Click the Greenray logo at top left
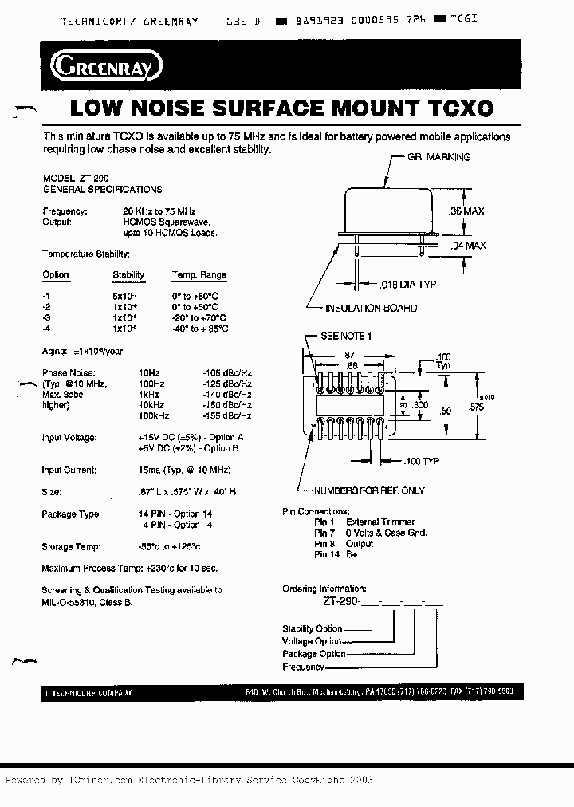tap(106, 66)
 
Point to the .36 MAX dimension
tap(467, 211)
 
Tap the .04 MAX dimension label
tap(468, 246)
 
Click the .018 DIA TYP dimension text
tap(407, 284)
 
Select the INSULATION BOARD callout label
tap(371, 309)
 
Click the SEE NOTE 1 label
tap(345, 336)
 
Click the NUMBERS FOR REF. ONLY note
tap(369, 490)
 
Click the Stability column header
tap(128, 275)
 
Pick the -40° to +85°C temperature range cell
tap(200, 329)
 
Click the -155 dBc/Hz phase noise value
tap(227, 416)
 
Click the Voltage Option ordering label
tap(312, 641)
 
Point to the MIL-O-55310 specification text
tap(69, 603)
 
